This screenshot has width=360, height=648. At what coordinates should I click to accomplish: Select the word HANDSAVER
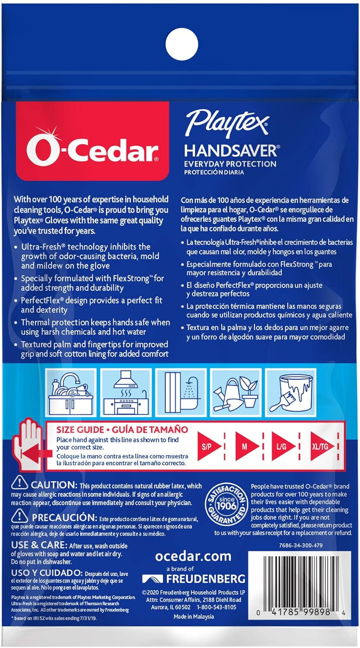click(230, 151)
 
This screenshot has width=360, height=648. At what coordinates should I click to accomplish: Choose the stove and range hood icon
click(125, 388)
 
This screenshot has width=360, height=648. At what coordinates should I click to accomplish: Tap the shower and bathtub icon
click(180, 388)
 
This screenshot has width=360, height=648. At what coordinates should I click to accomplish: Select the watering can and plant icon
click(235, 388)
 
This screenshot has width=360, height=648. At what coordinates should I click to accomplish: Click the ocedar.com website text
click(193, 556)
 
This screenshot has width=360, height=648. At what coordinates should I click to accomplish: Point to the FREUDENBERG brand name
click(193, 578)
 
